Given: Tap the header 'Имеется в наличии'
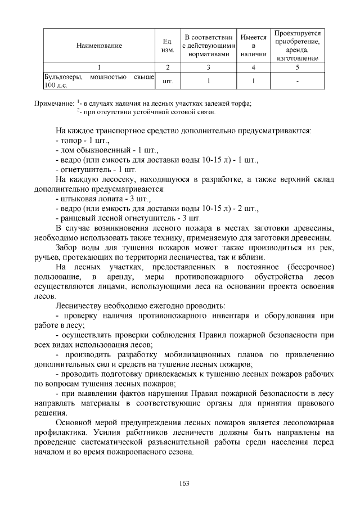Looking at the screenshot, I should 253,46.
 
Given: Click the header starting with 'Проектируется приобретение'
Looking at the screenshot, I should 298,46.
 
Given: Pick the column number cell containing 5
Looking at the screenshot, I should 298,67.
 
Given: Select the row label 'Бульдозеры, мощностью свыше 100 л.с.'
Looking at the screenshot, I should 99,81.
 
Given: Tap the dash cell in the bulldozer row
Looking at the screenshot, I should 298,81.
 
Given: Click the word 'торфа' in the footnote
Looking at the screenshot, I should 241,104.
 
